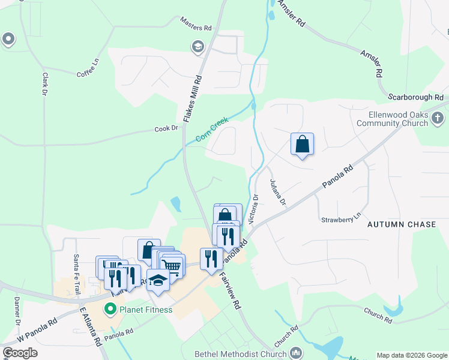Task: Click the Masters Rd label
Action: [x=196, y=23]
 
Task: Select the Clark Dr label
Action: [x=44, y=84]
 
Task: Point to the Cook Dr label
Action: [x=166, y=128]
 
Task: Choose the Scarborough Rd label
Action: [x=415, y=97]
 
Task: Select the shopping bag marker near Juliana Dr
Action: [x=302, y=144]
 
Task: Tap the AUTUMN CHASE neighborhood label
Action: [x=402, y=224]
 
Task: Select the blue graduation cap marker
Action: [x=158, y=280]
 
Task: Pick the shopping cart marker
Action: [x=172, y=265]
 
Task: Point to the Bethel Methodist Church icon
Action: [x=295, y=353]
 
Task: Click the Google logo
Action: [x=20, y=353]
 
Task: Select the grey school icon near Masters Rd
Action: [x=197, y=46]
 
